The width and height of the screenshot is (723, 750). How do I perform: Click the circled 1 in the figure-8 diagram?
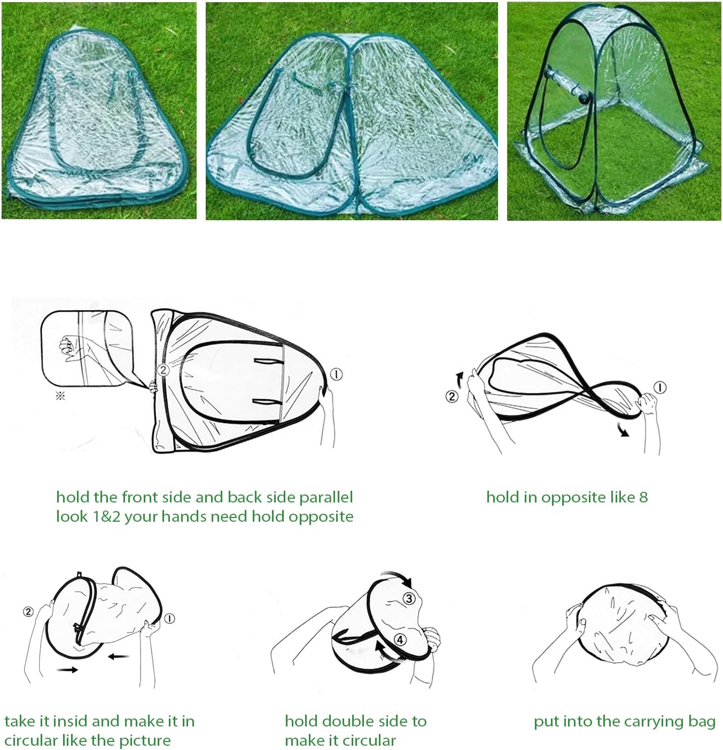tap(660, 388)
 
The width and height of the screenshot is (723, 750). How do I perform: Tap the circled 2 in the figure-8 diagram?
tap(452, 396)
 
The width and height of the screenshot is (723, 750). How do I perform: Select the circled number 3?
tap(409, 599)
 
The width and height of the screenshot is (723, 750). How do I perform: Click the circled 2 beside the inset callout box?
tap(164, 370)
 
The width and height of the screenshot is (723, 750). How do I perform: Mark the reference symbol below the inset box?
tap(60, 396)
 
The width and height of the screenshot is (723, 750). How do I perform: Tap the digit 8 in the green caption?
tap(643, 497)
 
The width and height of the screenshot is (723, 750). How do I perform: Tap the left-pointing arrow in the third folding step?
tap(118, 655)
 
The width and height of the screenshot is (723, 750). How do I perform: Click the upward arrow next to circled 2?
tap(460, 380)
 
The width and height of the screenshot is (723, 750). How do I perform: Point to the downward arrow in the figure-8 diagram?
tap(623, 429)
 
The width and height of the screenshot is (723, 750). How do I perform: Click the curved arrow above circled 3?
tap(397, 578)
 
